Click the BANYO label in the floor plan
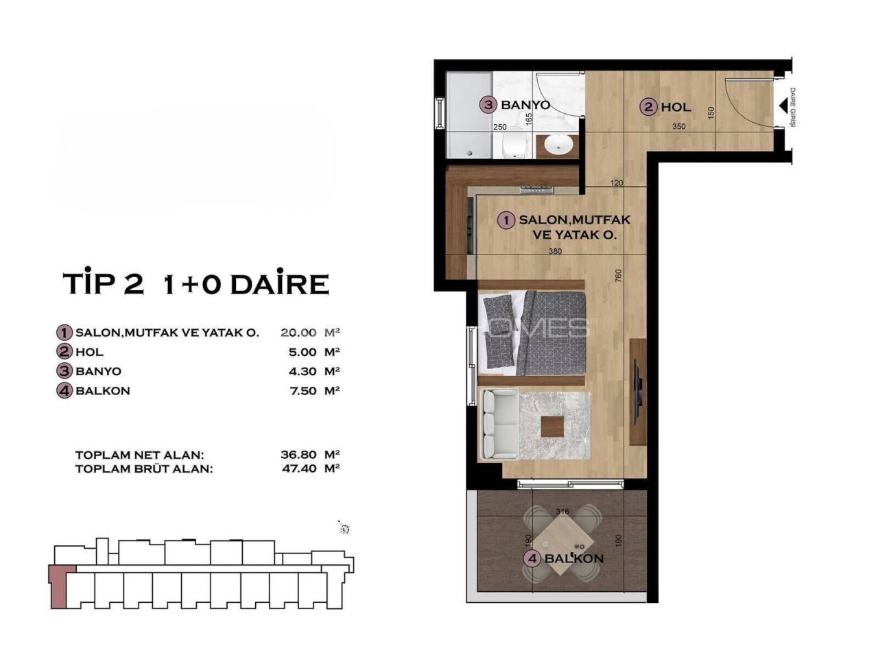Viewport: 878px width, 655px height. (x=525, y=105)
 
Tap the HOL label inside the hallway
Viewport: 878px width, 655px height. (x=676, y=107)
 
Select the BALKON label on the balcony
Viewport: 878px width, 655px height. (x=574, y=558)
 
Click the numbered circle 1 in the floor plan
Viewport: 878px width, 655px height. (x=506, y=220)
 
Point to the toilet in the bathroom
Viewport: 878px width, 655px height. (x=514, y=144)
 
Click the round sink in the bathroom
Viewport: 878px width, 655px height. (x=560, y=145)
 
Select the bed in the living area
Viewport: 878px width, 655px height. (x=534, y=332)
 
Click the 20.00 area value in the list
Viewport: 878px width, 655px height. (x=298, y=333)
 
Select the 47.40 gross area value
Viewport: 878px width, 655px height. (x=298, y=469)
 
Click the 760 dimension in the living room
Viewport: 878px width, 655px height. (x=618, y=275)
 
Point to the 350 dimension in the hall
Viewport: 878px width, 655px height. (x=678, y=126)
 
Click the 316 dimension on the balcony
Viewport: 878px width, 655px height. (x=562, y=511)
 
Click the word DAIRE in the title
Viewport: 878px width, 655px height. (x=279, y=284)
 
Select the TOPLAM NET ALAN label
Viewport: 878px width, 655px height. (x=139, y=455)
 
